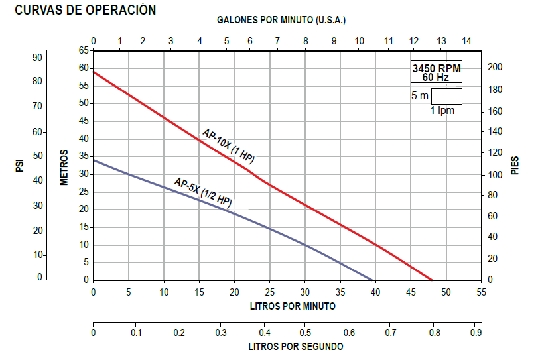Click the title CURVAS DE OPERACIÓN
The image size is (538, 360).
(86, 11)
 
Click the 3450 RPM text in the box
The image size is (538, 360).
(436, 69)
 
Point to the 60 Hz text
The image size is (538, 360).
(435, 78)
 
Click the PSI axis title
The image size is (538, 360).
(21, 164)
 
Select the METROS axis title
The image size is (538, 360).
(64, 166)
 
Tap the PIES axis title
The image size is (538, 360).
(515, 165)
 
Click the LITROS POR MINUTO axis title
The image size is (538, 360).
(292, 306)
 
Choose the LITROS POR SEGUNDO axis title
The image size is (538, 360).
(296, 346)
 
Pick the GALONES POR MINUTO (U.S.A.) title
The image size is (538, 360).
(281, 20)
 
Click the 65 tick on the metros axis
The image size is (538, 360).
(84, 50)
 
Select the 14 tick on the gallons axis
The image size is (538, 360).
(466, 41)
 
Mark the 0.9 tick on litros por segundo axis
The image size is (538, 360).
(475, 332)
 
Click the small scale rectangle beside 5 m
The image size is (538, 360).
(446, 96)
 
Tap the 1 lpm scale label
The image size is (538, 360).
(442, 110)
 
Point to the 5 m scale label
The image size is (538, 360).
(419, 96)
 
